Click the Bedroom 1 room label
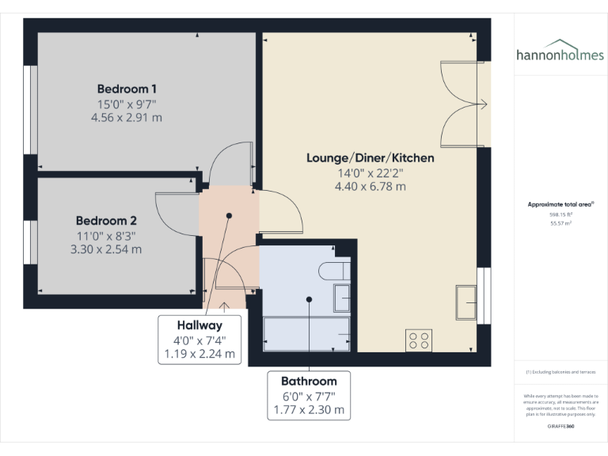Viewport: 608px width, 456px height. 127,88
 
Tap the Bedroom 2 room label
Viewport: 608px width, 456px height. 107,221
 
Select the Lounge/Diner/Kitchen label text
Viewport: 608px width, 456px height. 370,158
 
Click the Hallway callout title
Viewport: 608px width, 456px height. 199,325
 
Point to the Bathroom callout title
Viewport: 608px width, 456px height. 309,381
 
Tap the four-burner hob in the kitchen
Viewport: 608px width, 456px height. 419,340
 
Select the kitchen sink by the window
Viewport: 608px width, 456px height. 465,303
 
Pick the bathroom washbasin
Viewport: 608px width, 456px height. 342,298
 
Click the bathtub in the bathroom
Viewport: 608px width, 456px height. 306,335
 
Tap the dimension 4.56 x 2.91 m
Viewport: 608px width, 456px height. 127,116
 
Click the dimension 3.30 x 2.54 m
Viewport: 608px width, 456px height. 107,249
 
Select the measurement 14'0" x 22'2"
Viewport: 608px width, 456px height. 370,173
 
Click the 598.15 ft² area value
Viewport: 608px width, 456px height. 560,215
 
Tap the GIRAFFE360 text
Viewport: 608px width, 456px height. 560,427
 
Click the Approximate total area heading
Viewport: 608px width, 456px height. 560,204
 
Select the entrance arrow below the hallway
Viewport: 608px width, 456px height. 224,305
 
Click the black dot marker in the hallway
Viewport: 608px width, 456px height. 229,215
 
